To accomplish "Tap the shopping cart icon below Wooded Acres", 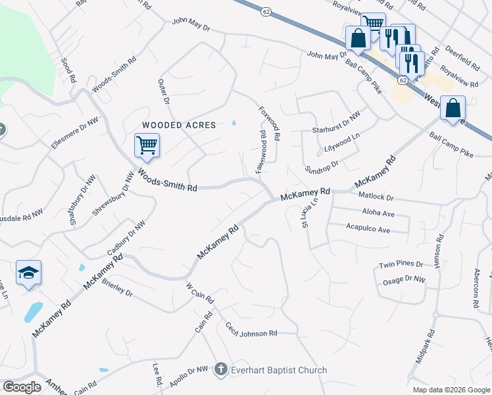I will [147, 145].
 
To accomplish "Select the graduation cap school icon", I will [29, 273].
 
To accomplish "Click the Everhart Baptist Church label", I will [279, 370].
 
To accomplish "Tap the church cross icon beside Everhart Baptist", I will [221, 370].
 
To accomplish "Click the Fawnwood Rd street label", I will [261, 151].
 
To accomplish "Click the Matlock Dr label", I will [376, 197].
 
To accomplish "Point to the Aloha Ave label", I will [378, 214].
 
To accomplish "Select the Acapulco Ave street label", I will [368, 230].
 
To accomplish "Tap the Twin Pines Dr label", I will [401, 264].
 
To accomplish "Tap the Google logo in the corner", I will [22, 387].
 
